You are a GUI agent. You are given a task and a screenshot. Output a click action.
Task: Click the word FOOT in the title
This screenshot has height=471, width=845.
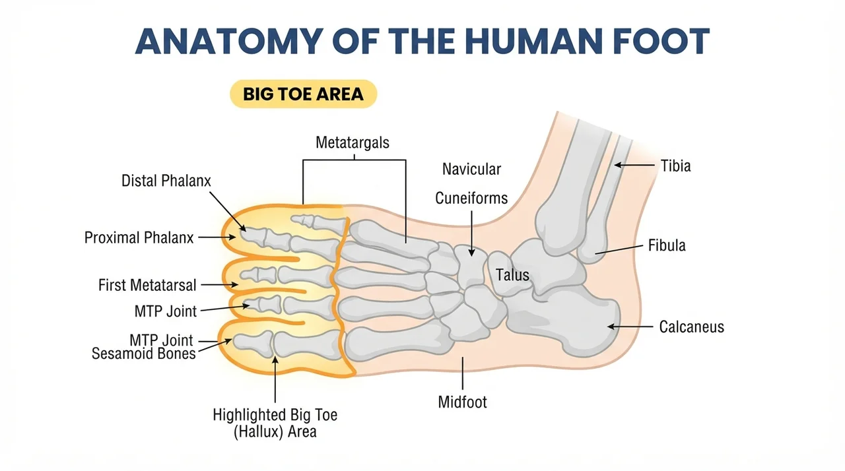661,41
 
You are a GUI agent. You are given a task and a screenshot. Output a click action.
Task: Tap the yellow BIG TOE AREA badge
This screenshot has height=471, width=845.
303,94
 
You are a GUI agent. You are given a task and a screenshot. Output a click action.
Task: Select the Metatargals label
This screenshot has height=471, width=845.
353,142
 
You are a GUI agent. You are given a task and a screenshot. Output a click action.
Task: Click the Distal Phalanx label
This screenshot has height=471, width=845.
166,181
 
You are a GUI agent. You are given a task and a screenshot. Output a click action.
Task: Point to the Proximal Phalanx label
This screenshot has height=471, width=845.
139,237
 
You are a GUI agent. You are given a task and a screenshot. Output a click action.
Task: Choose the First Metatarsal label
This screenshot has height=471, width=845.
147,285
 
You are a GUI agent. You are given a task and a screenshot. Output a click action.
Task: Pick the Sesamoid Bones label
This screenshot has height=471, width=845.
143,354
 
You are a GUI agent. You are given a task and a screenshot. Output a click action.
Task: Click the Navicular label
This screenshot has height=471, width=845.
471,169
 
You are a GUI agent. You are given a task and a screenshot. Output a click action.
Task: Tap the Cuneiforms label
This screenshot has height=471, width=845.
471,198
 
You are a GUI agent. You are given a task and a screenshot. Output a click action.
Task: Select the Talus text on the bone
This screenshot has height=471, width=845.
512,275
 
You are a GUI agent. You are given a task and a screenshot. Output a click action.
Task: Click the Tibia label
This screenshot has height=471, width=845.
675,166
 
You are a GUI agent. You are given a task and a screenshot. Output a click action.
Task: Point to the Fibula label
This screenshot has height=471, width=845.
667,245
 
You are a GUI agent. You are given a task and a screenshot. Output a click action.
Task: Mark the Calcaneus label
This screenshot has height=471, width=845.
691,327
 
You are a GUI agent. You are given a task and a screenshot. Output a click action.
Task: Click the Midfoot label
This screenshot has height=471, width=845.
463,402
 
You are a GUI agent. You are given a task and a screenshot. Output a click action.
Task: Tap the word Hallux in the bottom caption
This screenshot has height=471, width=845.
258,432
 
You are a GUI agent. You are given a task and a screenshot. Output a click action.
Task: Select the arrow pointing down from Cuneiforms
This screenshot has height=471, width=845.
471,234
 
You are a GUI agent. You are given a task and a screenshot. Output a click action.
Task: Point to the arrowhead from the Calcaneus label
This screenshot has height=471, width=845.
612,327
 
